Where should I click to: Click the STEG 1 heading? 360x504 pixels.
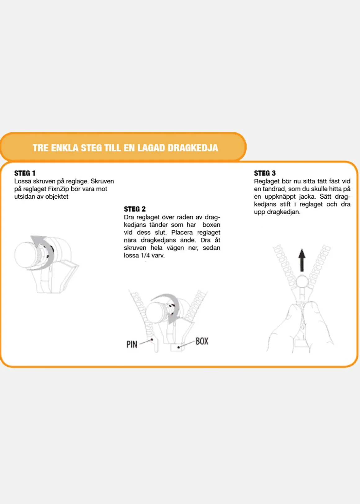(x=25, y=173)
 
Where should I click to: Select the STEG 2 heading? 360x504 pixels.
(x=135, y=209)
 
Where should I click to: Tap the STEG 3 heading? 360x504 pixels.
(x=265, y=173)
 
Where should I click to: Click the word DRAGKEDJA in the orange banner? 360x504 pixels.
(x=193, y=148)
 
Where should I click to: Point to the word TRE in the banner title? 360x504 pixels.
(x=40, y=148)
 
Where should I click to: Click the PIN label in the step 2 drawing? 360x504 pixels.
(x=132, y=344)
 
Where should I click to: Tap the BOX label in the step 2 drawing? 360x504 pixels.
(x=202, y=341)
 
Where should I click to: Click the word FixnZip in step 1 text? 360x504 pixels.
(x=58, y=189)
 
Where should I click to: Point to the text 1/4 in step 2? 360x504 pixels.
(x=145, y=255)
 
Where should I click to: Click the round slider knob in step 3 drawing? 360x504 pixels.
(x=302, y=282)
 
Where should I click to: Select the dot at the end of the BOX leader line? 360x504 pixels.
(x=178, y=347)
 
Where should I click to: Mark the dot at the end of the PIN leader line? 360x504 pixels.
(x=152, y=340)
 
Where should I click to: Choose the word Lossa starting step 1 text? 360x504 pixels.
(x=23, y=181)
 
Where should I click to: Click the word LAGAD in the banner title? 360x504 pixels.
(x=151, y=148)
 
